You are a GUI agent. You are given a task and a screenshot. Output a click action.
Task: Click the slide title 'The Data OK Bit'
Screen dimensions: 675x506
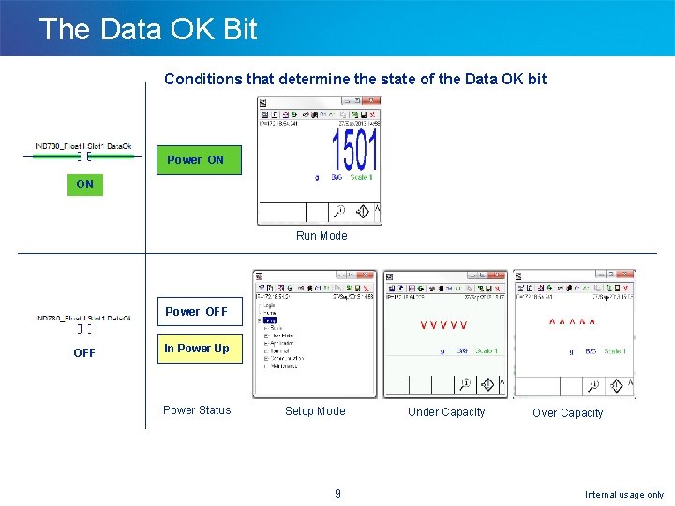(x=148, y=29)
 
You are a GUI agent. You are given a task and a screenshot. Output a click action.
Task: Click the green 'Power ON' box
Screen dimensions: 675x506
(x=196, y=160)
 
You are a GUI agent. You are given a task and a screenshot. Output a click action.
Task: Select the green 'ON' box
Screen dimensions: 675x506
(x=85, y=185)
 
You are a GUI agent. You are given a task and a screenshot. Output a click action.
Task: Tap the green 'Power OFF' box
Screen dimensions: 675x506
(x=196, y=312)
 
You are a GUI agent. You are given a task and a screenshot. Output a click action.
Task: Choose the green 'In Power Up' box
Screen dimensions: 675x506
(x=197, y=349)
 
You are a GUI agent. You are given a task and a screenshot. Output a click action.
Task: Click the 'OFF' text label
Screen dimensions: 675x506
(x=84, y=353)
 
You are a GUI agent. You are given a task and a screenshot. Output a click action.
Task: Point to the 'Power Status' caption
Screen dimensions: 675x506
(x=197, y=410)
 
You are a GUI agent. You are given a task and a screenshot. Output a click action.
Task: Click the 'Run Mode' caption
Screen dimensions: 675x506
(x=322, y=236)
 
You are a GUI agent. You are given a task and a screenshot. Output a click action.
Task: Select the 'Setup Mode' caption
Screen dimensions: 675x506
(x=315, y=411)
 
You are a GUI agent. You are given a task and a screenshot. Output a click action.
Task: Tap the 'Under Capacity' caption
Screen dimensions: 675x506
(x=446, y=412)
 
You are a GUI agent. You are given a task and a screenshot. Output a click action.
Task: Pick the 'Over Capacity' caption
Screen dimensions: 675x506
(x=568, y=413)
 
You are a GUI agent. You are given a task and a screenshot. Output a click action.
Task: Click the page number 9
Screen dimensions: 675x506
(x=337, y=494)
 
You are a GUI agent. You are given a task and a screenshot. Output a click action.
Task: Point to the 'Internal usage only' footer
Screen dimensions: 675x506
(x=624, y=495)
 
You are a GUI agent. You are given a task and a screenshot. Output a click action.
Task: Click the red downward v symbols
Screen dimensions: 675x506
(x=443, y=326)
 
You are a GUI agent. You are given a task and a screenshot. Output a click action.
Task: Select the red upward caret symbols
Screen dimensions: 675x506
(x=572, y=323)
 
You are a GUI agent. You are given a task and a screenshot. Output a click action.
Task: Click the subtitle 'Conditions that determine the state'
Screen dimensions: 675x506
(x=355, y=79)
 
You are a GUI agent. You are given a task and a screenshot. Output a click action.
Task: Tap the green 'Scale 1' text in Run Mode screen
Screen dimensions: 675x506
(x=361, y=177)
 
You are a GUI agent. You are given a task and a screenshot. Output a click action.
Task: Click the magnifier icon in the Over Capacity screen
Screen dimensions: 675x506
(x=592, y=384)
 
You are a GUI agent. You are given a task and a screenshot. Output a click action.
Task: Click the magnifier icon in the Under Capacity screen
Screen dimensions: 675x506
(x=464, y=384)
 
